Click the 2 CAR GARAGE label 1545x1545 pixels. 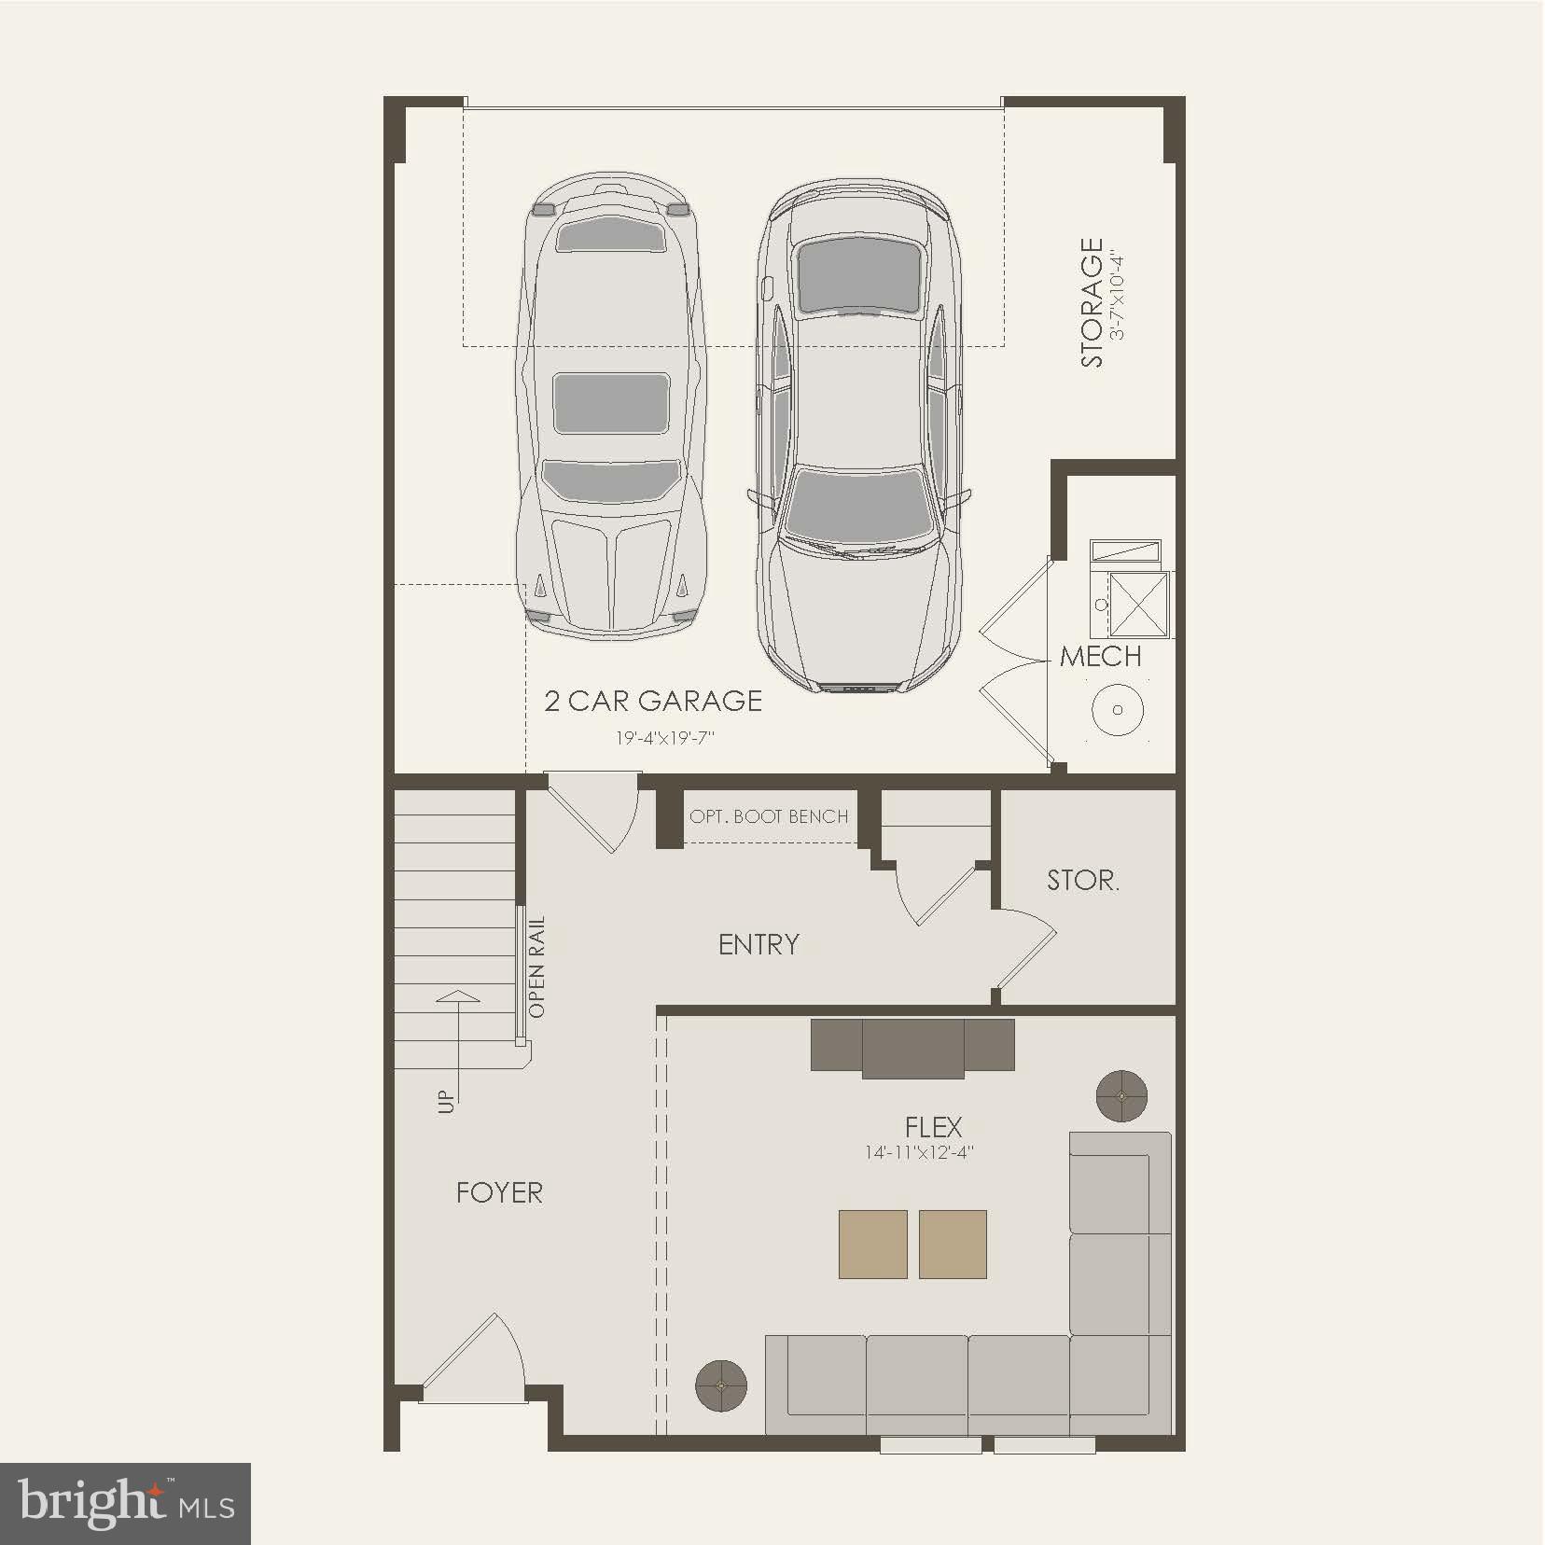(653, 701)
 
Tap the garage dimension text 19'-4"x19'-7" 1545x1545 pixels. (663, 738)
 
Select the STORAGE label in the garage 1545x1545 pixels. (1092, 302)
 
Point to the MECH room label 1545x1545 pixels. (1101, 657)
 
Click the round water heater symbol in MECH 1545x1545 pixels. (1117, 709)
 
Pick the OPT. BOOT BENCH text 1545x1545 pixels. (769, 817)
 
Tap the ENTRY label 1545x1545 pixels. (759, 944)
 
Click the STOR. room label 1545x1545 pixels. (1082, 880)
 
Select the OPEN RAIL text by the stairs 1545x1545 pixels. (537, 967)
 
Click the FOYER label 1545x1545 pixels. (499, 1192)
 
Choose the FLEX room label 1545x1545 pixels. (933, 1127)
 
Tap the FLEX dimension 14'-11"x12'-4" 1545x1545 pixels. (919, 1153)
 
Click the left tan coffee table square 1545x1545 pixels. (873, 1244)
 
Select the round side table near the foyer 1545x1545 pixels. (721, 1385)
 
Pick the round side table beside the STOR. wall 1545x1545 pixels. (1121, 1095)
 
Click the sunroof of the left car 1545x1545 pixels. (611, 403)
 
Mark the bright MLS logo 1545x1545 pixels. (126, 1503)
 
